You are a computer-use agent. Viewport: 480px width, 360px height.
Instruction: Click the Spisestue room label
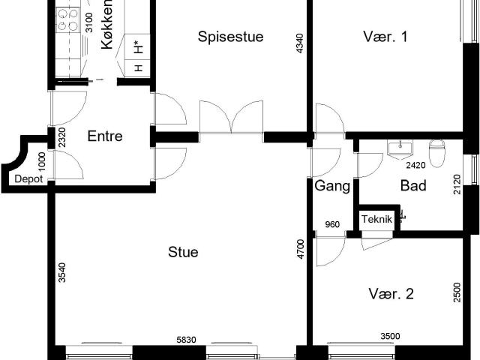230,37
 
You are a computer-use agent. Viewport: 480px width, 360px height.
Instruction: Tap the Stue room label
183,252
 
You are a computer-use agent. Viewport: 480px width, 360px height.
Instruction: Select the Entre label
105,136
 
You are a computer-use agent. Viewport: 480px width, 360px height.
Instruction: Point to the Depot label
28,179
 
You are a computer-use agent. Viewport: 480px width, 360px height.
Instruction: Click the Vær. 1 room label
385,37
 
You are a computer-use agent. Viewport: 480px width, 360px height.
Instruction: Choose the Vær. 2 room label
391,294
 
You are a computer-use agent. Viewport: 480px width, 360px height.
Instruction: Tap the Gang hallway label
332,186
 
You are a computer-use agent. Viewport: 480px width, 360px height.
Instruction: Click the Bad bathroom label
413,185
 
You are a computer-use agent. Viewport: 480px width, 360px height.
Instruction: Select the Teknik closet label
376,219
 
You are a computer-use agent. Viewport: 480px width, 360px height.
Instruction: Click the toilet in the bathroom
436,153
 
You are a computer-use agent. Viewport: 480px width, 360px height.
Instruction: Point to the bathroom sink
400,150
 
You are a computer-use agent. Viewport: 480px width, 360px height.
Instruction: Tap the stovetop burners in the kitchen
67,19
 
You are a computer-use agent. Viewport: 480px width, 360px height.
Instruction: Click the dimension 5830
186,340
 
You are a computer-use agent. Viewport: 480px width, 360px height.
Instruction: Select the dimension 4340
300,43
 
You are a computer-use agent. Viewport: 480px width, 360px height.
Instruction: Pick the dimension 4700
301,249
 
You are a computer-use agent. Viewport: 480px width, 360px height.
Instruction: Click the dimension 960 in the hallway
332,225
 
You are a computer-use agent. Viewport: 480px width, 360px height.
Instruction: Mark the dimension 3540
61,272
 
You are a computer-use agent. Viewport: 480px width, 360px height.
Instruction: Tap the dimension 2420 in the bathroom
415,165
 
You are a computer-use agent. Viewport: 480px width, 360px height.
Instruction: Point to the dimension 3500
390,337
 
